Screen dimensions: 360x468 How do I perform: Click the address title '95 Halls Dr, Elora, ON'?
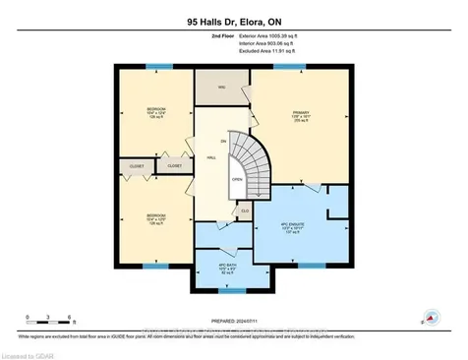pos(234,19)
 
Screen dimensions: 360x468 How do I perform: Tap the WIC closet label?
pos(222,89)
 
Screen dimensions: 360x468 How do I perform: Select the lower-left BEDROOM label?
pos(154,213)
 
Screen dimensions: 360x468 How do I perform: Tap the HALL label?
pos(212,157)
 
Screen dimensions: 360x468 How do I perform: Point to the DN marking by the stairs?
pos(224,141)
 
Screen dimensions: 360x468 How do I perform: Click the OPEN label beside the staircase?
pos(236,180)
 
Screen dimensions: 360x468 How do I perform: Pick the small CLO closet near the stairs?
pos(245,210)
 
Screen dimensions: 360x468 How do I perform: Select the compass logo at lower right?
pos(431,318)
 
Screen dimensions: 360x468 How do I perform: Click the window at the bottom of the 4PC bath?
pos(232,291)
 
